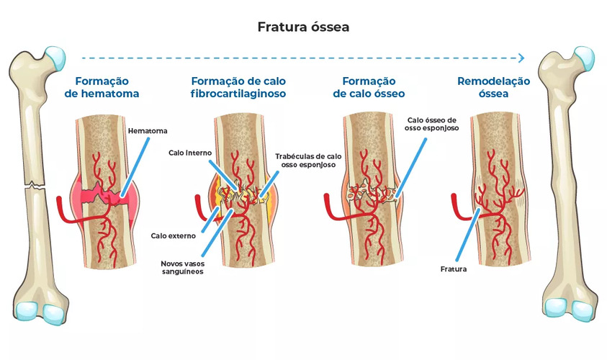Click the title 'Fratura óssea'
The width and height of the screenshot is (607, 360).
[303, 27]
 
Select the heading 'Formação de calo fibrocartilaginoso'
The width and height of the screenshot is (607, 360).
[238, 87]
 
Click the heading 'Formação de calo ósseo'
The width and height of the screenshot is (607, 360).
[369, 87]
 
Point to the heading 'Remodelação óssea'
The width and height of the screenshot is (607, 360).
[493, 87]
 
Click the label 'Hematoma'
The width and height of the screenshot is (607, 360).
[148, 131]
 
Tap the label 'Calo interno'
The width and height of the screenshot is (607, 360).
[191, 153]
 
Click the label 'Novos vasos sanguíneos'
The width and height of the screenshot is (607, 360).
[182, 267]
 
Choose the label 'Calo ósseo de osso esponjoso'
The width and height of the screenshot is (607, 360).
[432, 125]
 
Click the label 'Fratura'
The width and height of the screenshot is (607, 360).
[454, 269]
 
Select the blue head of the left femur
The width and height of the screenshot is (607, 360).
[53, 54]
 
